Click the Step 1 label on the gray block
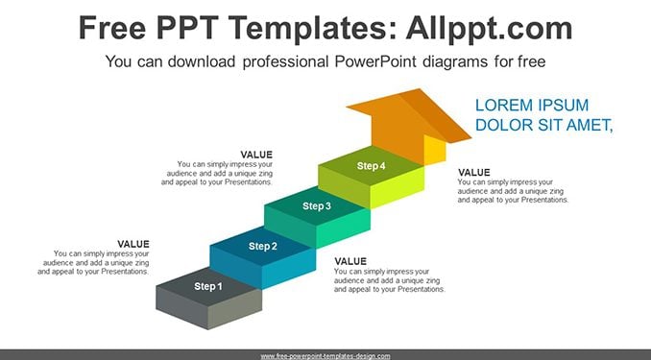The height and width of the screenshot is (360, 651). point(208,286)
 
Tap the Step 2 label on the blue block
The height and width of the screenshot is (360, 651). point(262,246)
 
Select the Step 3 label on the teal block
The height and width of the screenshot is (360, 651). point(316,206)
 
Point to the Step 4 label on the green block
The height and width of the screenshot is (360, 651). point(371,166)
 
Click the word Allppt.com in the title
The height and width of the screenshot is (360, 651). point(489,28)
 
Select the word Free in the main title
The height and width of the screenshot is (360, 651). point(112,28)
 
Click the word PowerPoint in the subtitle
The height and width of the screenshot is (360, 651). point(374,61)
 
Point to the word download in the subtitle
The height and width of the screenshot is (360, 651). point(202,61)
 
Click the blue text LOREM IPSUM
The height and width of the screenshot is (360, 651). point(531,105)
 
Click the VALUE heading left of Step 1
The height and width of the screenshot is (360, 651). point(133,244)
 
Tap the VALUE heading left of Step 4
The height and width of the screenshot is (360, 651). point(256,155)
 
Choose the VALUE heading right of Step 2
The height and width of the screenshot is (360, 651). point(350,261)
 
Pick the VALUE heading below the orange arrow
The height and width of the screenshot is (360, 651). point(473,172)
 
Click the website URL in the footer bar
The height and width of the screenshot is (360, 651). point(325,356)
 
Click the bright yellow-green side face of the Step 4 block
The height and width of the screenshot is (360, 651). point(397,187)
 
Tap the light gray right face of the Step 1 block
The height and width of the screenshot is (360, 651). point(234,309)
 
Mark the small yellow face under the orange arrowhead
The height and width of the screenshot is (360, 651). point(435,151)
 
